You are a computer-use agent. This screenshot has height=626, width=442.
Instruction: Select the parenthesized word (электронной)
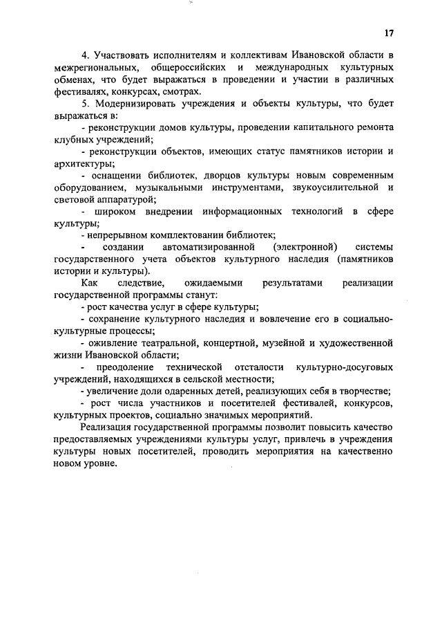point(305,247)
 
